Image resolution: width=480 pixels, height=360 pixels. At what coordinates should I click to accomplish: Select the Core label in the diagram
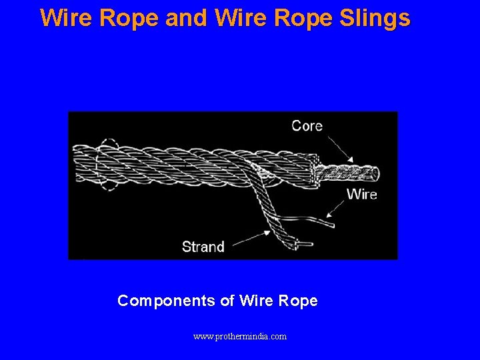[x=307, y=126]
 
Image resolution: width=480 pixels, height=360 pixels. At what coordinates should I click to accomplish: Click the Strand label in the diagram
[x=203, y=247]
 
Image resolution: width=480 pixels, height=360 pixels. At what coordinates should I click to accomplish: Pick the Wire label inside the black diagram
[x=361, y=194]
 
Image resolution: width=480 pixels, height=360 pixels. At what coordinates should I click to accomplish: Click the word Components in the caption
[x=166, y=301]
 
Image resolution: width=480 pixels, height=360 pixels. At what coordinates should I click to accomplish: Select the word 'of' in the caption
[x=226, y=301]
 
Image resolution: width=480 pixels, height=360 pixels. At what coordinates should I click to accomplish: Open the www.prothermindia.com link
[x=240, y=337]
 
